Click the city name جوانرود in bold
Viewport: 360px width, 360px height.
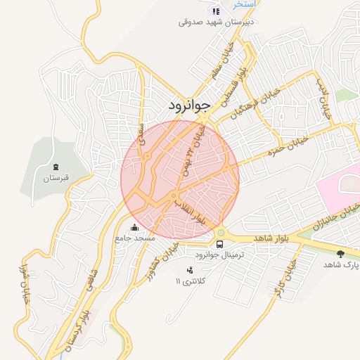189,106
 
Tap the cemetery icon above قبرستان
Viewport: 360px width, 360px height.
56,167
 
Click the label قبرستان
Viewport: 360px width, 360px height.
56,179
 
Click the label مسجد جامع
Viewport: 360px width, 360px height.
134,238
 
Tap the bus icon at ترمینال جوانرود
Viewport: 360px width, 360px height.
221,244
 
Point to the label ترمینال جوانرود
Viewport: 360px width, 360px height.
221,255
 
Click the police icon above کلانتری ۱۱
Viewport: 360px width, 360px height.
189,270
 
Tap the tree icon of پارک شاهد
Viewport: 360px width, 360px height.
341,253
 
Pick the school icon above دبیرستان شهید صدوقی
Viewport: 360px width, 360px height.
216,11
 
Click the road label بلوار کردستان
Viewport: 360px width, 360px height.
78,323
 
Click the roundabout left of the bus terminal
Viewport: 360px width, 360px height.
221,233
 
